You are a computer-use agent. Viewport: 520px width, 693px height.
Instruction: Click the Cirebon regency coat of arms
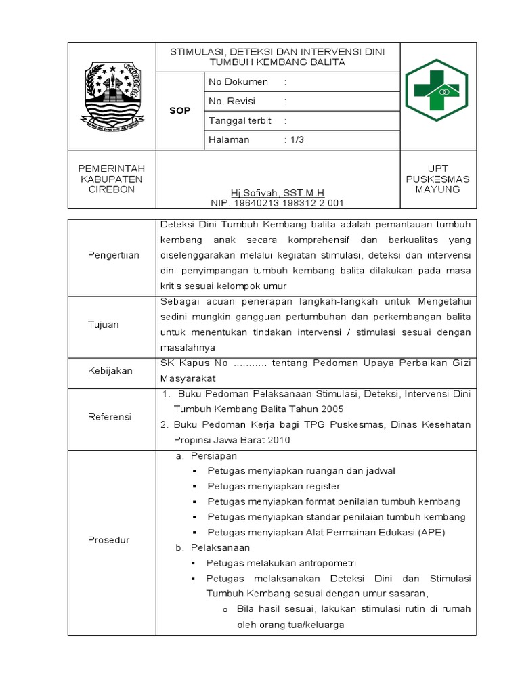click(112, 96)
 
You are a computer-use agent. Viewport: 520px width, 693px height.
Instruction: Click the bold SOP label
click(180, 110)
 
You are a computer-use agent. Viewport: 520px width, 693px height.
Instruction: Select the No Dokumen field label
click(238, 81)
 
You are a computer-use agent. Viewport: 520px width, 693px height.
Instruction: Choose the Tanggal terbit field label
click(240, 120)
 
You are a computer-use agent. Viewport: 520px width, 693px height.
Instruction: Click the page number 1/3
click(297, 139)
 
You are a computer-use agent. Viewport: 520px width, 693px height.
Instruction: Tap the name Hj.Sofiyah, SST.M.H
click(278, 193)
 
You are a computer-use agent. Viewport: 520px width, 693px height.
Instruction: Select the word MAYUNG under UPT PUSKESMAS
click(438, 189)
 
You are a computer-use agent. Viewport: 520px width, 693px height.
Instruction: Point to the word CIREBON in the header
click(112, 189)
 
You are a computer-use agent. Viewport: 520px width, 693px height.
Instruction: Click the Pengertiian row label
click(113, 254)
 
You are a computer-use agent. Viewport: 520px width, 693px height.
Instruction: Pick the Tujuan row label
click(104, 324)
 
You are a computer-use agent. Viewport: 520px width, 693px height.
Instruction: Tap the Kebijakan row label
click(110, 371)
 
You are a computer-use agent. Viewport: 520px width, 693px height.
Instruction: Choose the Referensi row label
click(110, 417)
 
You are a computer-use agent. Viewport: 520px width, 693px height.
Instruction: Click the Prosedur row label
click(109, 540)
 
